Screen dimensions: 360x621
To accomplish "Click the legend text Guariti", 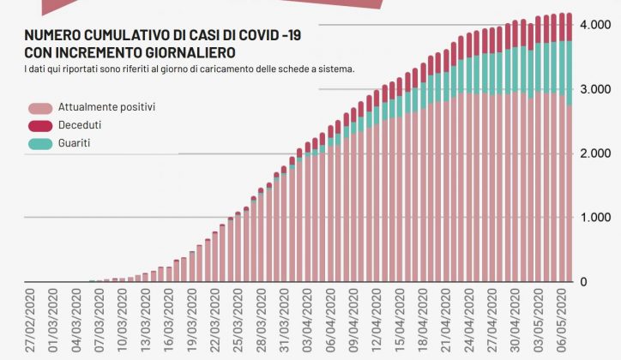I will click(75, 143).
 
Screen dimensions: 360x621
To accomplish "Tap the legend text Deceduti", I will click(80, 125).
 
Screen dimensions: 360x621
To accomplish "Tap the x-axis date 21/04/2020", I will click(447, 321).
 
